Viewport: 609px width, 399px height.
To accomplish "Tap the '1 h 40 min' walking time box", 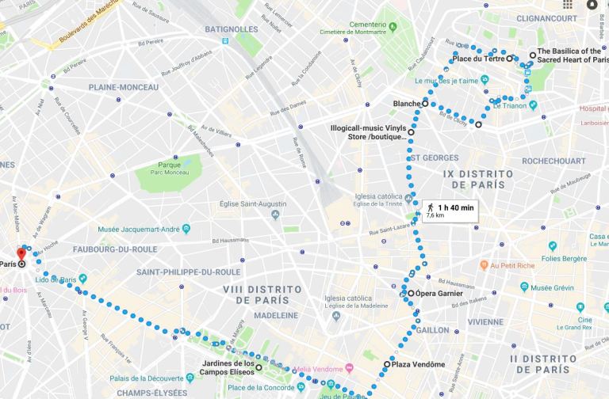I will click(450, 210).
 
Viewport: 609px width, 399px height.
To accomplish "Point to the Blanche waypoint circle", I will click(425, 104).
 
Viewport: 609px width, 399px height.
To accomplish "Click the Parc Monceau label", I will click(163, 169).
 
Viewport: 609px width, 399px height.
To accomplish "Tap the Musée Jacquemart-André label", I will click(136, 229).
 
